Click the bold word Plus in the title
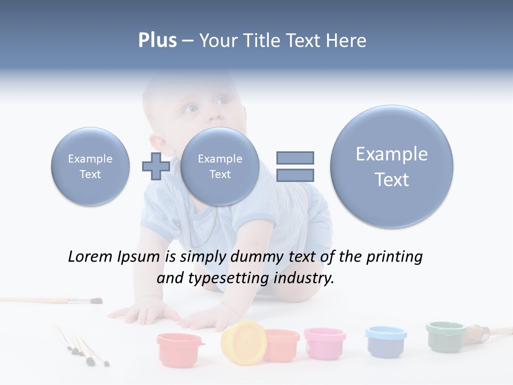point(157,41)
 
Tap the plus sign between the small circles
point(156,166)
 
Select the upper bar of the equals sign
point(294,158)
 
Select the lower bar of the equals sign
point(294,175)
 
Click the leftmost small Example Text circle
point(90,166)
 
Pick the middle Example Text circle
point(220,166)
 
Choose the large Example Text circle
point(392,166)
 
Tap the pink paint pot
point(324,342)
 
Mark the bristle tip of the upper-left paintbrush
point(96,301)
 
